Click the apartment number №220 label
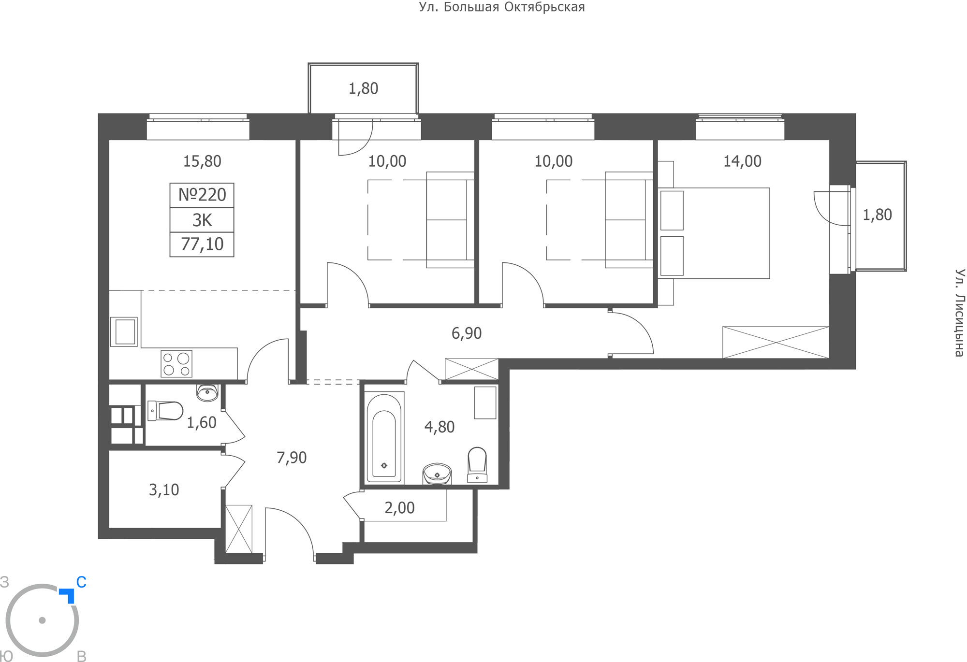202,195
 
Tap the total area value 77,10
202,245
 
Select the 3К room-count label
202,220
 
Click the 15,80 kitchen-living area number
202,161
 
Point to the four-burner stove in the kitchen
176,364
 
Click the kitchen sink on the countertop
124,331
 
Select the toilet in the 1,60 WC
165,411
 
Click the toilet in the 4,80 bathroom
477,465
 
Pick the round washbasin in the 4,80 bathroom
437,474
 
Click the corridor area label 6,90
467,333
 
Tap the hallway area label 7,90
292,458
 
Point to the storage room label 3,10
164,490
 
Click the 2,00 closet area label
399,508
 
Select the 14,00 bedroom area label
742,161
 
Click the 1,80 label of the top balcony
364,88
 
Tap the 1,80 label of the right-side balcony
878,215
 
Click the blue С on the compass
81,582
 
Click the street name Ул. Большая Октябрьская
502,7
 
